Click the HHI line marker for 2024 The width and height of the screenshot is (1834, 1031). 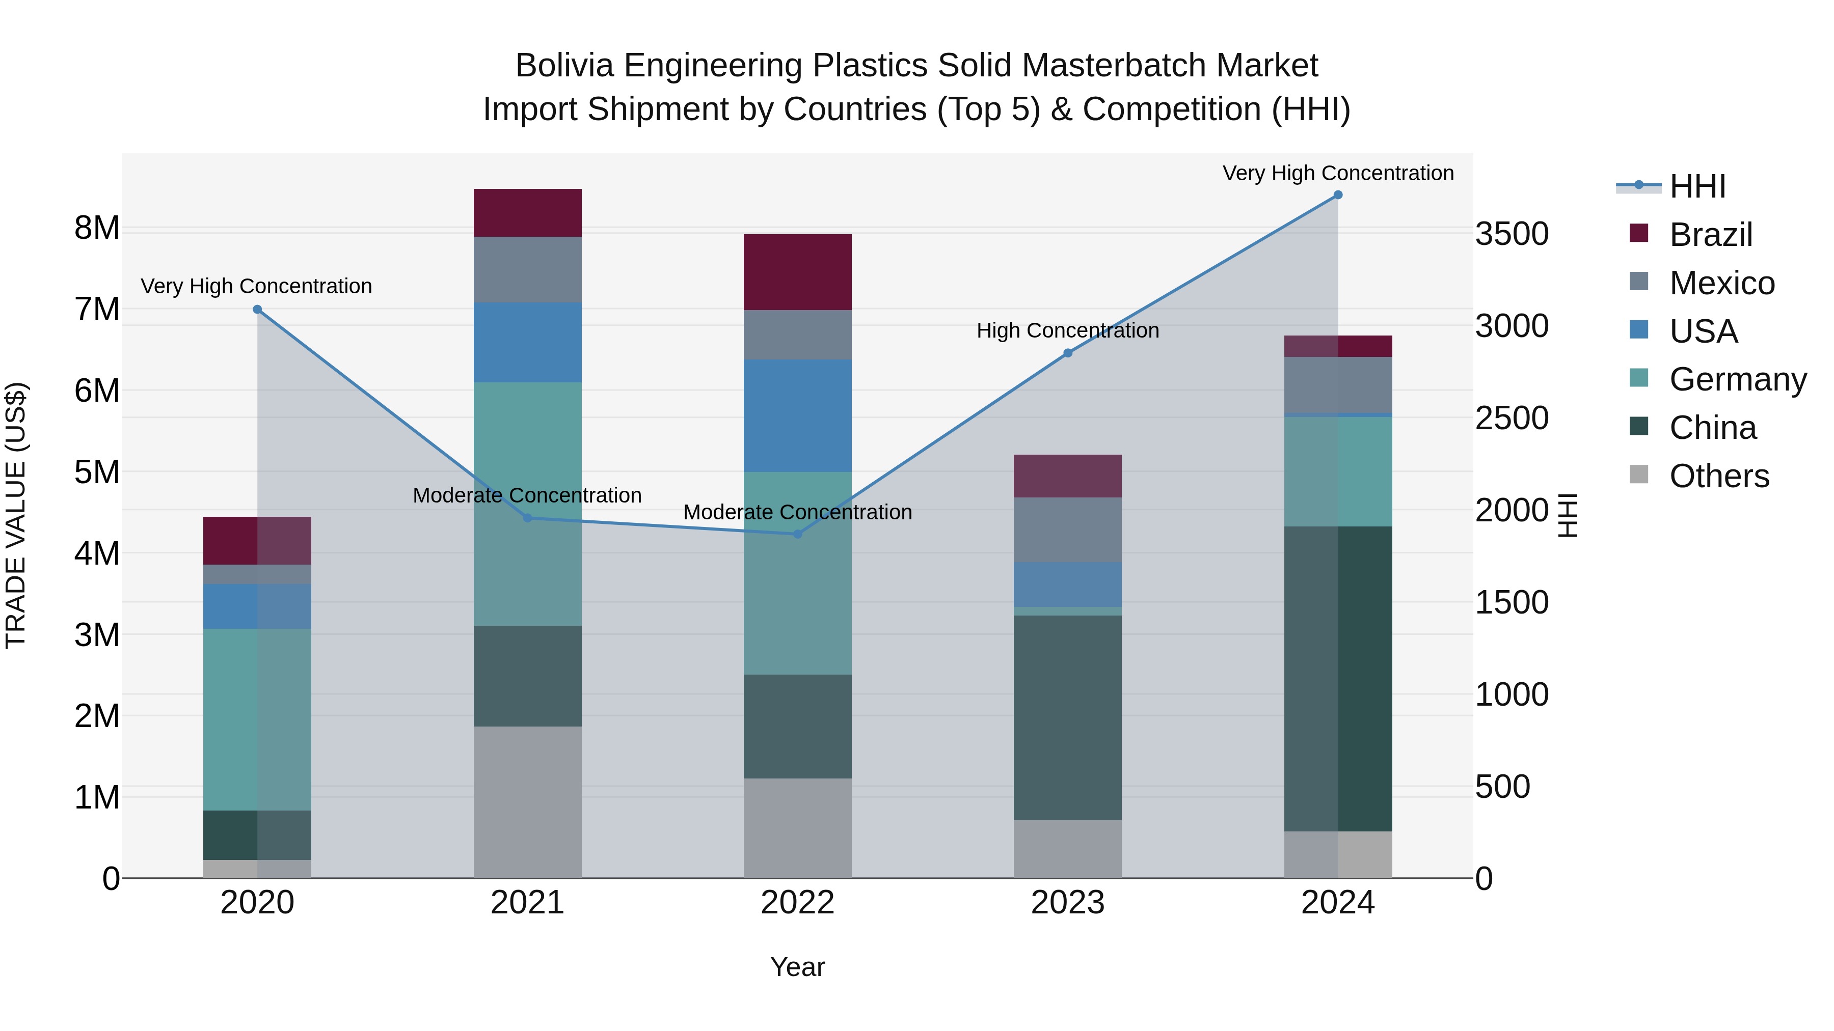[x=1338, y=195]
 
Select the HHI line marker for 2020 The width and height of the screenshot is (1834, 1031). [x=258, y=310]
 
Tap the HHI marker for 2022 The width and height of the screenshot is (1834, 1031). [x=797, y=534]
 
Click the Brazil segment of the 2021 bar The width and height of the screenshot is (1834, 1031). [x=528, y=213]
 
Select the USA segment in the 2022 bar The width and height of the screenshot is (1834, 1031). [x=797, y=415]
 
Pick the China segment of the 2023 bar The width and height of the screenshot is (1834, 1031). [x=1067, y=717]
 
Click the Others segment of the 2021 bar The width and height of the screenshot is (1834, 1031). [x=528, y=802]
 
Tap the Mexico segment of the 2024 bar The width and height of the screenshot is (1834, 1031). [x=1338, y=385]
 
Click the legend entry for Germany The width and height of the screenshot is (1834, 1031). [x=1737, y=379]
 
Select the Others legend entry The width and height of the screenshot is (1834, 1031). [x=1719, y=476]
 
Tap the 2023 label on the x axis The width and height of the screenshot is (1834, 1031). [x=1067, y=903]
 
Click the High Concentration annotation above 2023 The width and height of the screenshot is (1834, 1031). [x=1067, y=331]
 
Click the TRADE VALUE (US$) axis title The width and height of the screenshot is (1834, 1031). [x=16, y=515]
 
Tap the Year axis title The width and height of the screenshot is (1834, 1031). [x=797, y=967]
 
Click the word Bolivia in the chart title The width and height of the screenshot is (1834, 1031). [x=564, y=66]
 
